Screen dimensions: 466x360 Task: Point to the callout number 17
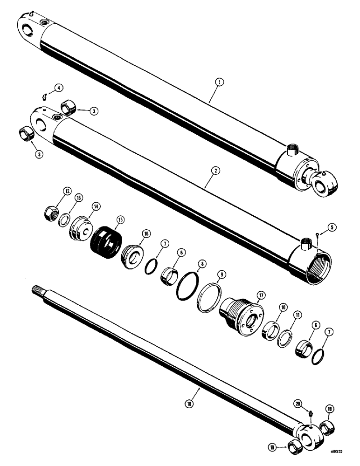point(260,295)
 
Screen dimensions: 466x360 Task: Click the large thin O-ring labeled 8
point(187,288)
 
